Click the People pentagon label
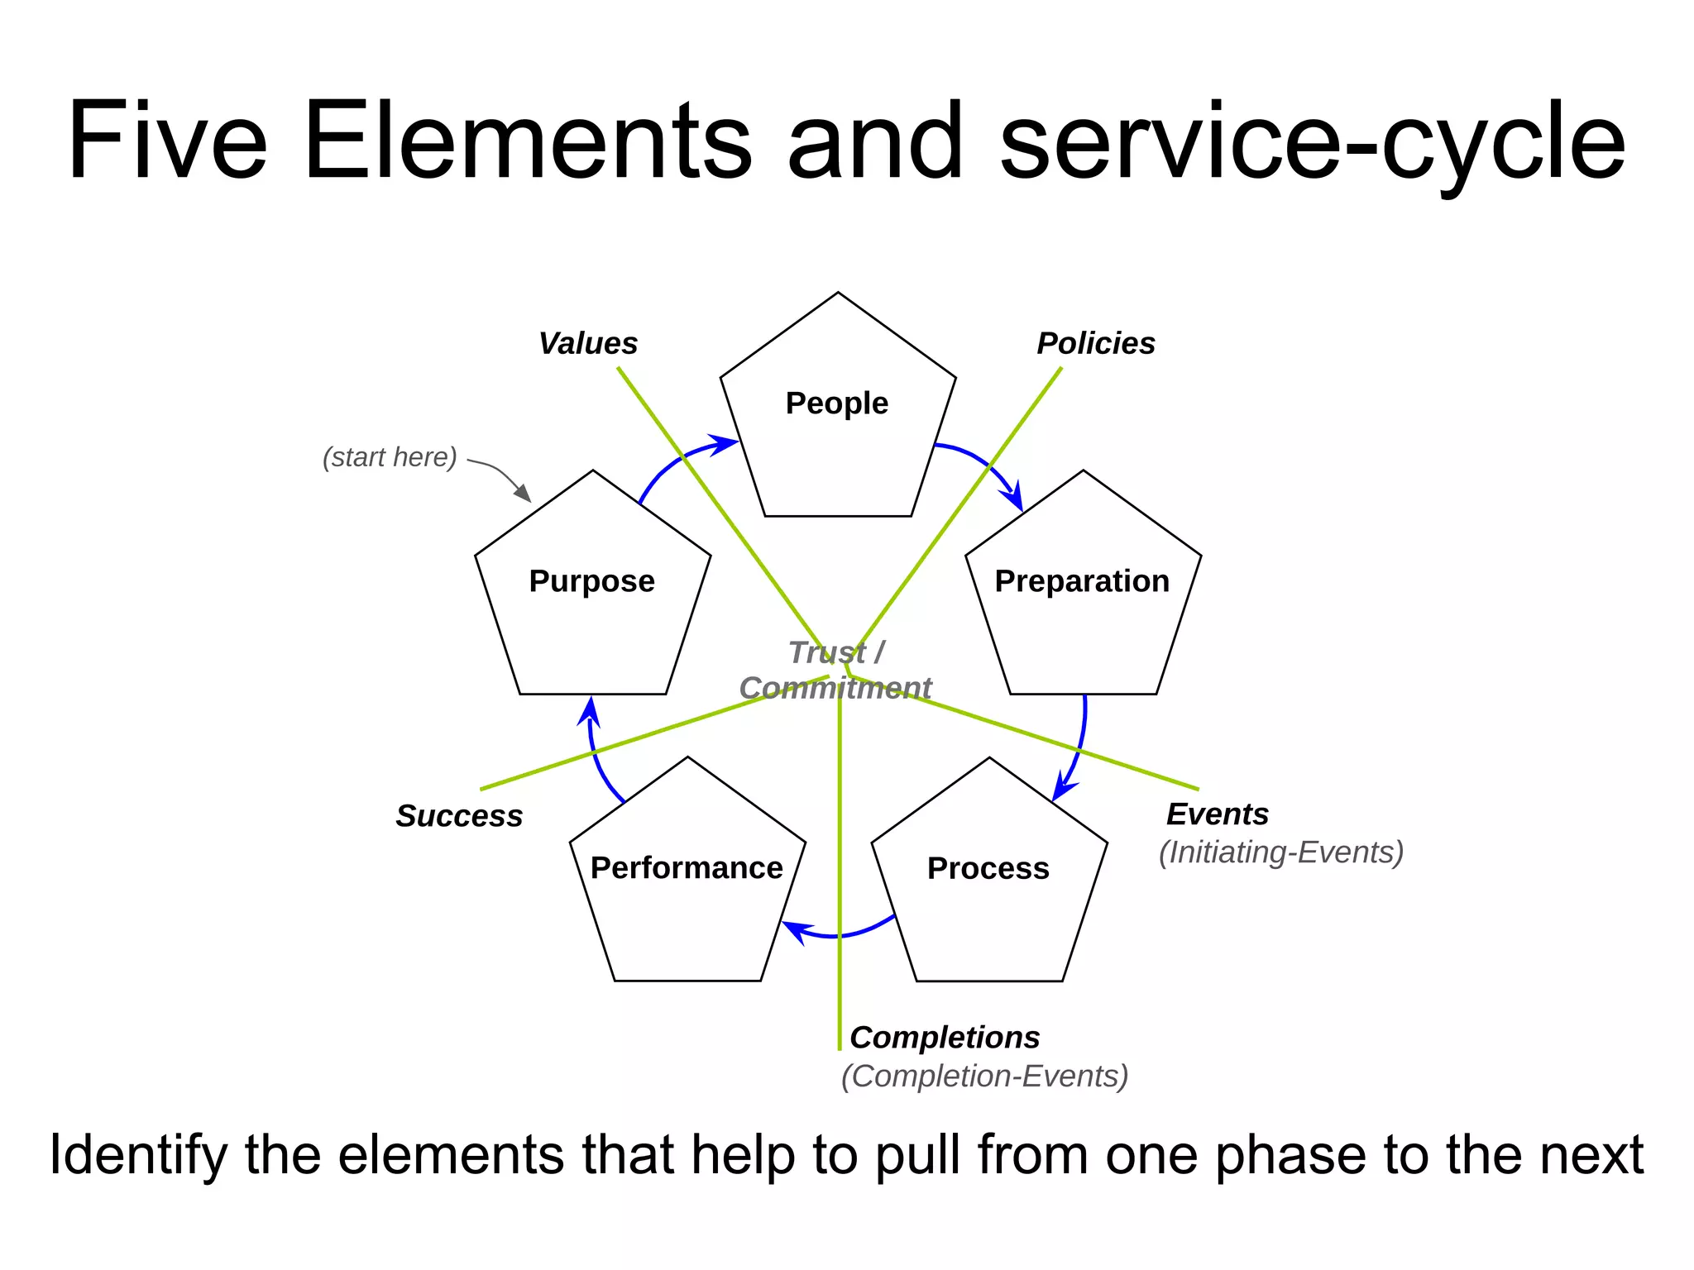point(836,403)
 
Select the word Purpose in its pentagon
point(591,581)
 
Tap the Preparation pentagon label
point(1081,581)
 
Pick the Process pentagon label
point(988,868)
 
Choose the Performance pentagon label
point(687,868)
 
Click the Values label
point(587,343)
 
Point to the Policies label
point(1095,343)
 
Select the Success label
point(459,816)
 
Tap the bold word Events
point(1217,814)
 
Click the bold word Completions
point(944,1038)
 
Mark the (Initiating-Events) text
point(1280,852)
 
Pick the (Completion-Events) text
point(984,1077)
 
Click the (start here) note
point(390,457)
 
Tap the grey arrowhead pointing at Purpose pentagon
point(523,494)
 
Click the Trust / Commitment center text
point(835,671)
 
